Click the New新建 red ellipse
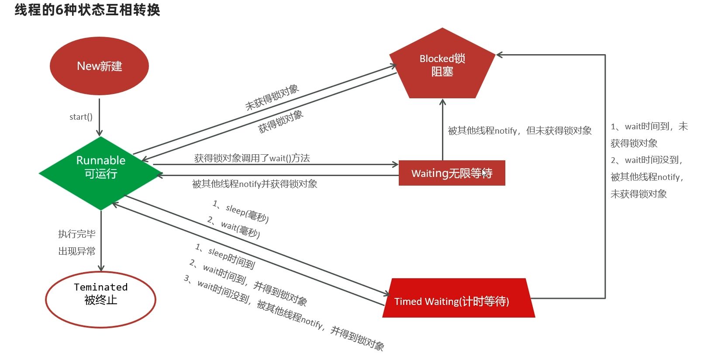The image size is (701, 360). [x=99, y=66]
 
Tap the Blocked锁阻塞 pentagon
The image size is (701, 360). [x=442, y=66]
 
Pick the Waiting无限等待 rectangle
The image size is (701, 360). [x=452, y=173]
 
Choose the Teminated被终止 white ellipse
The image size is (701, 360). [x=100, y=300]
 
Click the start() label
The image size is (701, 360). [x=81, y=117]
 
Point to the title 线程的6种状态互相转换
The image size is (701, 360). [x=87, y=10]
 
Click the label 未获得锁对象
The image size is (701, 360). [x=272, y=97]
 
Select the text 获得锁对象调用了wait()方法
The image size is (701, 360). [x=252, y=158]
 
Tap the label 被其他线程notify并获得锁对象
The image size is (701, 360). [x=255, y=184]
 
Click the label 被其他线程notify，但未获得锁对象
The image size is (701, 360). [x=520, y=131]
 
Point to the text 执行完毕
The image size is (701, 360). [x=77, y=234]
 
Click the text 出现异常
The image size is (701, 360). [x=77, y=251]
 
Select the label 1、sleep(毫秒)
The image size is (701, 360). [x=241, y=211]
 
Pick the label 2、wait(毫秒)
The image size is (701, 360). [x=234, y=227]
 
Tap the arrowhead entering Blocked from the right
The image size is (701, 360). [x=499, y=55]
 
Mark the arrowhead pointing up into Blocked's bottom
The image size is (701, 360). [x=442, y=102]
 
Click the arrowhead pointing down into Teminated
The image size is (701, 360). [x=101, y=268]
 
